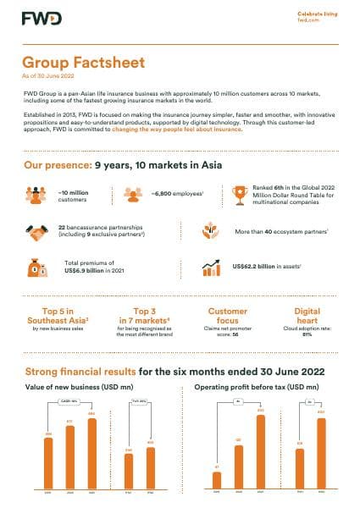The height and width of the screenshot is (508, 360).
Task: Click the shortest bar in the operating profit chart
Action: pyautogui.click(x=218, y=480)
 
